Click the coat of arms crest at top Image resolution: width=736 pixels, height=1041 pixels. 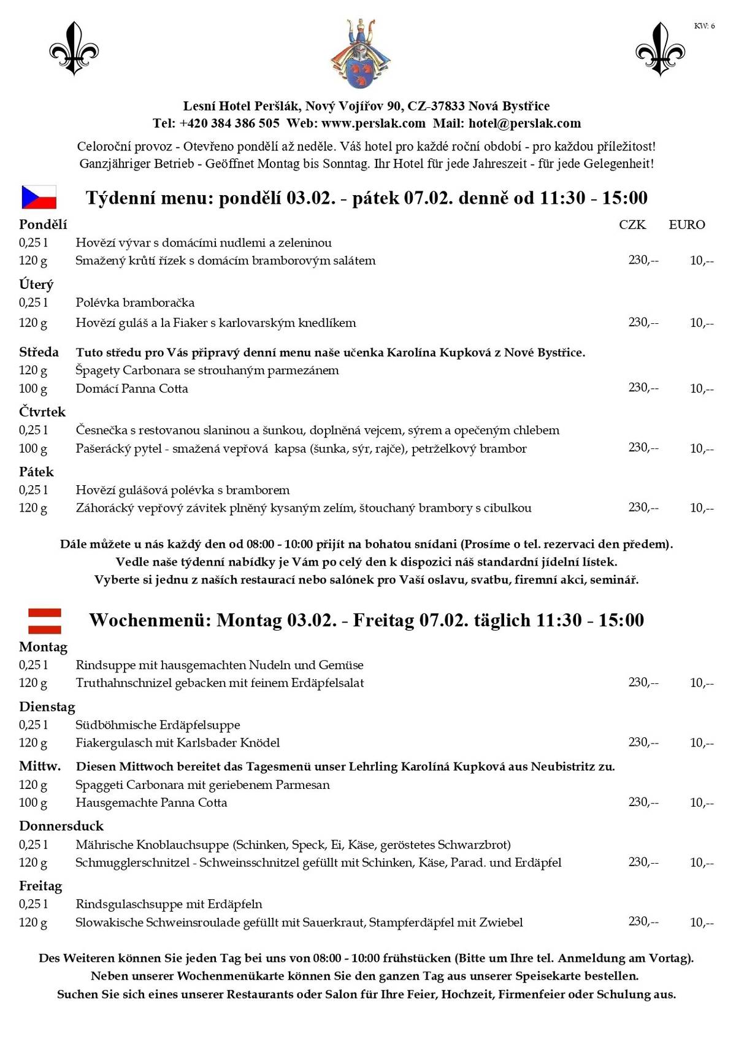pyautogui.click(x=361, y=54)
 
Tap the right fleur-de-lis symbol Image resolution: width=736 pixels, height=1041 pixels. pyautogui.click(x=660, y=49)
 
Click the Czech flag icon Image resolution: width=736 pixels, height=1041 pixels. pyautogui.click(x=39, y=197)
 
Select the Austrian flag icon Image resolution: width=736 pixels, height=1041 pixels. pyautogui.click(x=45, y=620)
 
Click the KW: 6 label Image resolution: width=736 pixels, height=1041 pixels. pyautogui.click(x=704, y=26)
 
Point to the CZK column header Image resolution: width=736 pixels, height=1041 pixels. pyautogui.click(x=632, y=225)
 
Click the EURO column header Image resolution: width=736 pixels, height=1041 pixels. pyautogui.click(x=686, y=225)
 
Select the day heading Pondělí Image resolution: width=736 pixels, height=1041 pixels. pyautogui.click(x=43, y=224)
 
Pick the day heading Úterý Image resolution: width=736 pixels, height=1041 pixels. pyautogui.click(x=36, y=284)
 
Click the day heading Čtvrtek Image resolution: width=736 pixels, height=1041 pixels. pyautogui.click(x=42, y=412)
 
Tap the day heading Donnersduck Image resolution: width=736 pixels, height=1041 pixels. pyautogui.click(x=61, y=826)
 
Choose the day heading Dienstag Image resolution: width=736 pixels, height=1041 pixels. pyautogui.click(x=47, y=707)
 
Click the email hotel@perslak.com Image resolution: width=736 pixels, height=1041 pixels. pyautogui.click(x=524, y=123)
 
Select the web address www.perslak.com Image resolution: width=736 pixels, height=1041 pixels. pyautogui.click(x=373, y=123)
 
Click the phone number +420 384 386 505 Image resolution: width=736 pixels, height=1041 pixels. pyautogui.click(x=229, y=123)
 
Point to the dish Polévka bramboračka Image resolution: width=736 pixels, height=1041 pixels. pyautogui.click(x=135, y=302)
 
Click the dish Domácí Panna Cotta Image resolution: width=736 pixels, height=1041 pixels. pyautogui.click(x=132, y=388)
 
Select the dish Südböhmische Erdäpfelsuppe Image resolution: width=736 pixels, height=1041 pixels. pyautogui.click(x=158, y=724)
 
